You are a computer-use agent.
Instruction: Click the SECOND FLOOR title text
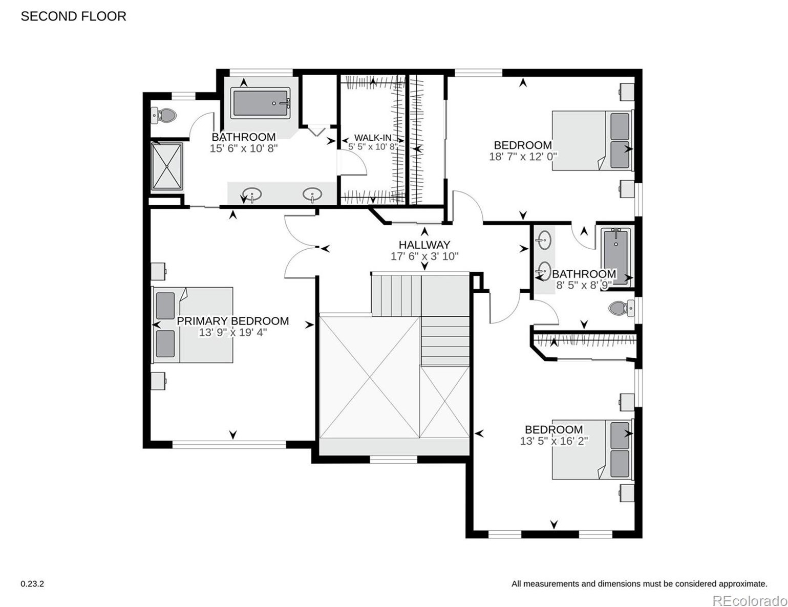click(x=73, y=16)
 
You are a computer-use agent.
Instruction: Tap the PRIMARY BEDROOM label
click(x=232, y=321)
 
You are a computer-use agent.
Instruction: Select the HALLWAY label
click(x=424, y=245)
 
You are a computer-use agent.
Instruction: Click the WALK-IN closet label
click(x=373, y=138)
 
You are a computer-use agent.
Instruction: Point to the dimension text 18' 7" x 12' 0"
click(x=523, y=157)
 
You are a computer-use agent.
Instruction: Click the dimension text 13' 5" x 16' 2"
click(x=553, y=441)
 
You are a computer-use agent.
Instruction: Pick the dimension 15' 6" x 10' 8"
click(x=244, y=148)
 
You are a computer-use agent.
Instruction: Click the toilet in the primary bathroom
click(x=164, y=116)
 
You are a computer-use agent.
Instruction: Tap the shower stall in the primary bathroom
click(x=167, y=166)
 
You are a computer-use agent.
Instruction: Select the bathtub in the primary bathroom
click(x=261, y=103)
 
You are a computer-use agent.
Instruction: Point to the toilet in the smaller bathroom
click(x=621, y=309)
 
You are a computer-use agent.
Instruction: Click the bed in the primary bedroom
click(x=193, y=324)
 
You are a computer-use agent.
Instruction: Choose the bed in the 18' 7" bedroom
click(x=592, y=140)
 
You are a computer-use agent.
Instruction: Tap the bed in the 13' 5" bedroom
click(x=592, y=449)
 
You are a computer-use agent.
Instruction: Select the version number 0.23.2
click(x=32, y=583)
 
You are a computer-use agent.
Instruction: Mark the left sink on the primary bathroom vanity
click(x=252, y=194)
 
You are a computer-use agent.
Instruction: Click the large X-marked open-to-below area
click(x=369, y=377)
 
